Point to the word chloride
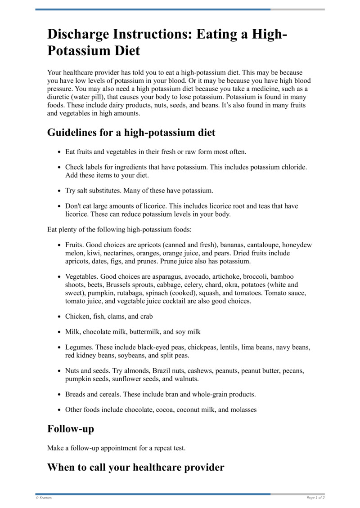point(292,167)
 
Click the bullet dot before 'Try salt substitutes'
point(59,191)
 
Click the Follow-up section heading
point(71,429)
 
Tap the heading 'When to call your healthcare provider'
point(135,468)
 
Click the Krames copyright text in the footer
point(44,498)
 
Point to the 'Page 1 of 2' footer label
point(315,498)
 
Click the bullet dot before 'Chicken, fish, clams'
point(59,316)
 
